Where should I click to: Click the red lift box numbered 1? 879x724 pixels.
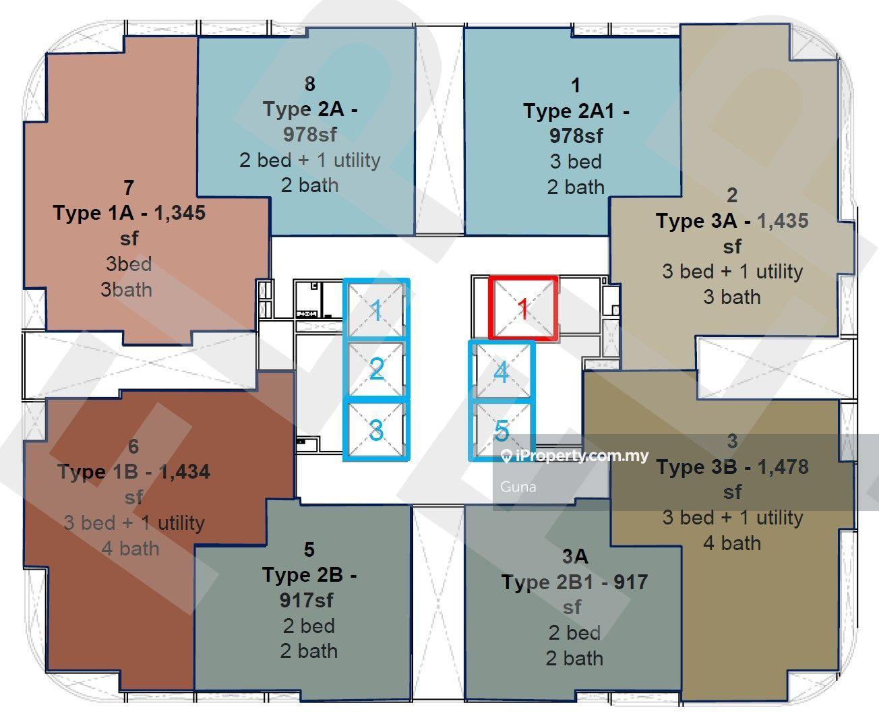[x=524, y=307]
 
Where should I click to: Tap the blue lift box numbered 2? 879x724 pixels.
[x=376, y=368]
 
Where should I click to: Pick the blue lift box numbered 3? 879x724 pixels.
[x=376, y=429]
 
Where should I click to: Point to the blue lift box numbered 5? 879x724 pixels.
[x=502, y=431]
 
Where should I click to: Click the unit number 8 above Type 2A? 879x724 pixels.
[x=310, y=84]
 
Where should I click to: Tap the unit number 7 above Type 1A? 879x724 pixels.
[x=129, y=187]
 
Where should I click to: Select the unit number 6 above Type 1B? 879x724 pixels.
[x=133, y=446]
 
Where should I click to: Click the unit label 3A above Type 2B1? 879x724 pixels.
[x=575, y=556]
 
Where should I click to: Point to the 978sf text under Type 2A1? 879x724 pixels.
[x=576, y=135]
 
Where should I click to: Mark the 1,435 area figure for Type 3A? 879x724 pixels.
[x=783, y=221]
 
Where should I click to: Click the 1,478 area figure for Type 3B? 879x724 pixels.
[x=783, y=466]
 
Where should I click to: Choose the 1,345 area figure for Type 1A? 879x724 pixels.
[x=180, y=213]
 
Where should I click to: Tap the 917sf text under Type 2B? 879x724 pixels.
[x=307, y=600]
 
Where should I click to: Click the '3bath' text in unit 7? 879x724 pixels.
[x=126, y=290]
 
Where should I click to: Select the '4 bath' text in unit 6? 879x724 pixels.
[x=131, y=549]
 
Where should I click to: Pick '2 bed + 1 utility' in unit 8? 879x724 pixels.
[x=310, y=160]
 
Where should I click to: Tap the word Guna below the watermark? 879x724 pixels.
[x=518, y=487]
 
